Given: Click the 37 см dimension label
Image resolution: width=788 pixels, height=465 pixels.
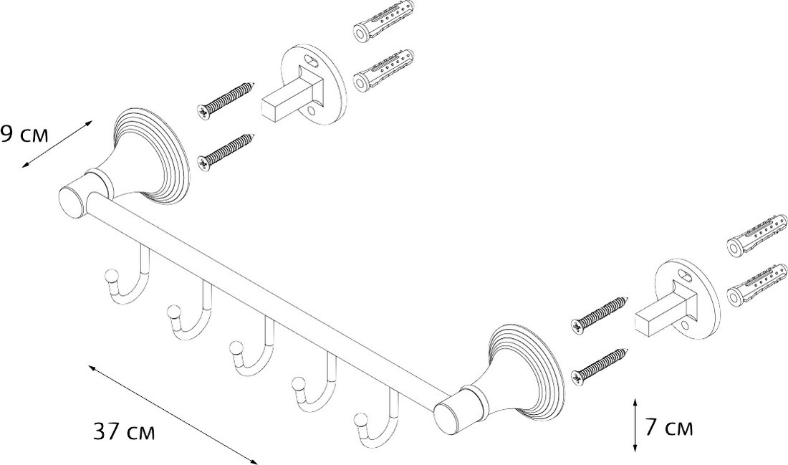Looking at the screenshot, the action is pyautogui.click(x=124, y=432).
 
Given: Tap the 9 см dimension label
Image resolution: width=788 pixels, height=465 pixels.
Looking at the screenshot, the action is pyautogui.click(x=24, y=135).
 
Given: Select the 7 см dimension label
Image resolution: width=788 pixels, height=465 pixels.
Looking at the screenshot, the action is pyautogui.click(x=669, y=428).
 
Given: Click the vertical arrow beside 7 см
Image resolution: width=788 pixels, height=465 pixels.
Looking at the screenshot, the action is pyautogui.click(x=635, y=426).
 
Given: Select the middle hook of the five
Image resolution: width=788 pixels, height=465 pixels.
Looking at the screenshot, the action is pyautogui.click(x=251, y=347).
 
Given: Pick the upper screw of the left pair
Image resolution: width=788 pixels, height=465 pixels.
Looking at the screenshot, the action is pyautogui.click(x=226, y=100).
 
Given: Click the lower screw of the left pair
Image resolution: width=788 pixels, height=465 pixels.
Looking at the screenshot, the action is pyautogui.click(x=226, y=152).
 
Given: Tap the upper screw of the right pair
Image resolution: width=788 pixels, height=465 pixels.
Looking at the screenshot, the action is pyautogui.click(x=599, y=315).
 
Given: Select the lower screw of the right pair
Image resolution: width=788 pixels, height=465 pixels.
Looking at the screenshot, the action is pyautogui.click(x=599, y=366).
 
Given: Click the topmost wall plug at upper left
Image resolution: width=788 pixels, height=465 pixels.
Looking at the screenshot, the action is pyautogui.click(x=384, y=22).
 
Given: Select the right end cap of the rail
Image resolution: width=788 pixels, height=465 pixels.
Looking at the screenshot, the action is pyautogui.click(x=448, y=416).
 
